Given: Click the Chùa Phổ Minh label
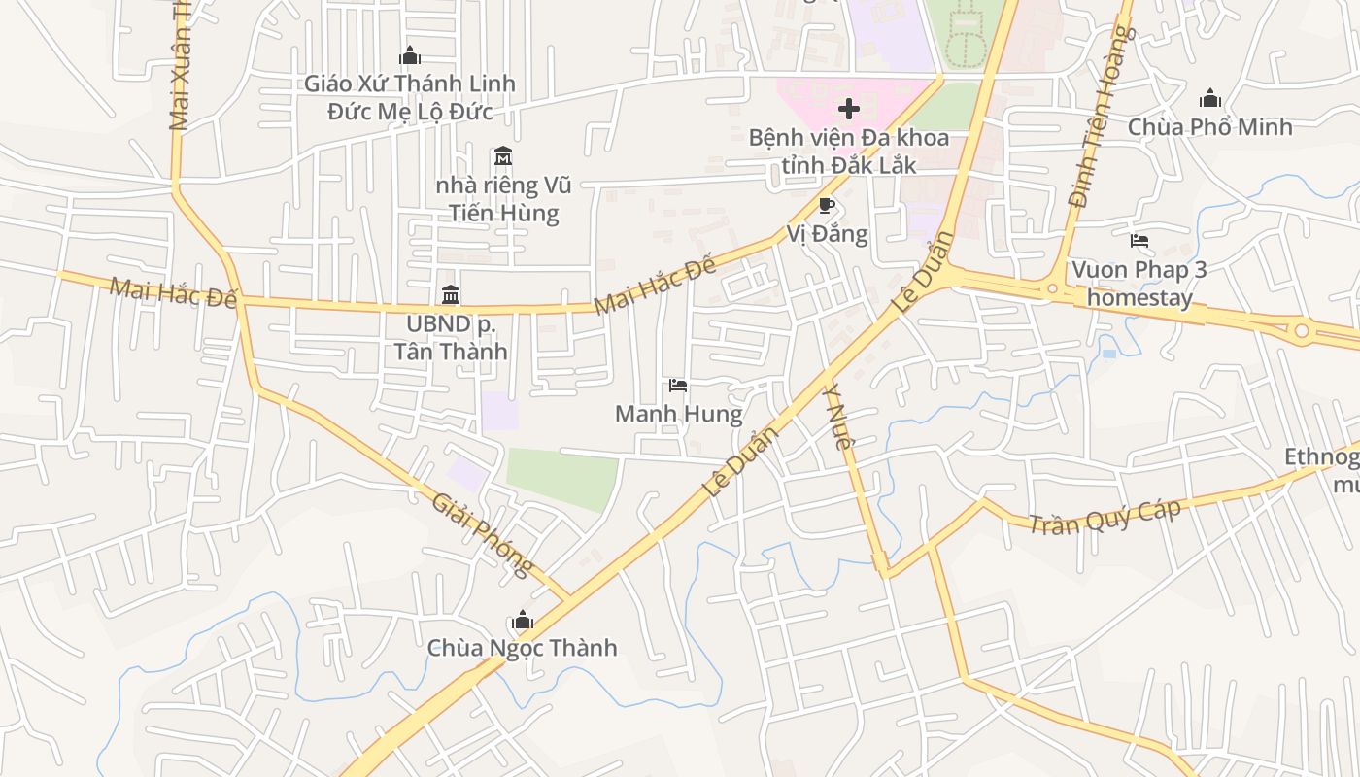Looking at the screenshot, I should click(x=1209, y=127).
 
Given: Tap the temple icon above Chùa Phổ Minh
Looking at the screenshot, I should click(x=1209, y=98).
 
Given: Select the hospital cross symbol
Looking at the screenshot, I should click(x=848, y=108).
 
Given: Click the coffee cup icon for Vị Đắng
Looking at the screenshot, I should click(x=827, y=205).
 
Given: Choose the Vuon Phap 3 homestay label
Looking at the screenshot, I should click(x=1139, y=283).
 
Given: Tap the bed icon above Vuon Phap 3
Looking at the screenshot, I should click(x=1139, y=240).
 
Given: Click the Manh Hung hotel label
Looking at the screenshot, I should click(x=678, y=415).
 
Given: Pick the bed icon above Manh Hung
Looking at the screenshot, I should click(x=678, y=386).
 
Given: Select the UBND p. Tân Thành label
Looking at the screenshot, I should click(x=451, y=337).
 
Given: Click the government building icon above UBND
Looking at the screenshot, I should click(x=451, y=294).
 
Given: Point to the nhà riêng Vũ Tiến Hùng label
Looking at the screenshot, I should click(x=503, y=199).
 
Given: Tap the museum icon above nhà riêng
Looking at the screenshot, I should click(x=502, y=155).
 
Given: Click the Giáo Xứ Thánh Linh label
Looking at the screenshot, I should click(x=410, y=97).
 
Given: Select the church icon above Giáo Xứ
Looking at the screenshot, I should click(x=410, y=55).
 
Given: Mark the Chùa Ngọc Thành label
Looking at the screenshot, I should click(x=522, y=648).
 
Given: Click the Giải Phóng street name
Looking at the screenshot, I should click(x=483, y=534).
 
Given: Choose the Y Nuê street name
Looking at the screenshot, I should click(x=838, y=417).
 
